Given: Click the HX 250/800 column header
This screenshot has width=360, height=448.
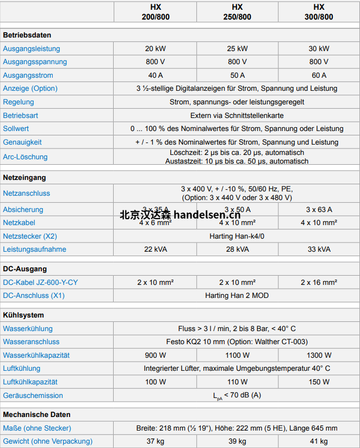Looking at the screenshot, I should pos(237,12).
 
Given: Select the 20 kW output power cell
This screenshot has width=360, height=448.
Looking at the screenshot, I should pos(156,48).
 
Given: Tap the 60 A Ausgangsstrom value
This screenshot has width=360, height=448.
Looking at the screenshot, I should pos(319,75).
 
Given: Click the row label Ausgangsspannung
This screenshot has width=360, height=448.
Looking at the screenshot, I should pos(35,62).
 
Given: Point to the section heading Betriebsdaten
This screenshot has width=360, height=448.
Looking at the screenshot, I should pos(24,35).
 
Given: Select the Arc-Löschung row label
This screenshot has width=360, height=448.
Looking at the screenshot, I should pos(25,157).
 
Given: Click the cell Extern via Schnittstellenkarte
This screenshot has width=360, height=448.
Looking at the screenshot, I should pos(237,115).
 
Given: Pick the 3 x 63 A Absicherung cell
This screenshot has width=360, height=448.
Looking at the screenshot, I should pos(319,209).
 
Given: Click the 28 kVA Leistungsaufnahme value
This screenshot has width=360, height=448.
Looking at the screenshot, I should pos(237,249).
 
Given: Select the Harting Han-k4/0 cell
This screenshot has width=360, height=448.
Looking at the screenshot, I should pos(237,236).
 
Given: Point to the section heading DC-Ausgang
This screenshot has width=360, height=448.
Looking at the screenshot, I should pos(25,269).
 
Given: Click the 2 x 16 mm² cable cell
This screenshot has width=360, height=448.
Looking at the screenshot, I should pos(319,282).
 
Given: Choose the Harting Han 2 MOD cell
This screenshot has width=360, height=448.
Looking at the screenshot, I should pos(237,296).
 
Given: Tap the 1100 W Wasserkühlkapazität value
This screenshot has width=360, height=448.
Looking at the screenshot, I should pos(237,355).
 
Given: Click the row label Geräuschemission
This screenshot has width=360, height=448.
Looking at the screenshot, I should pos(33,395).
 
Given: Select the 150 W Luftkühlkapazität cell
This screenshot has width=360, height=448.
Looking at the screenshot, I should pos(319,382).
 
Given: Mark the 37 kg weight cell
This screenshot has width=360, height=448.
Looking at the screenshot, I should pos(156,441).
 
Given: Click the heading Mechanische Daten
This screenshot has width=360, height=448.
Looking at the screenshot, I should pos(37,415).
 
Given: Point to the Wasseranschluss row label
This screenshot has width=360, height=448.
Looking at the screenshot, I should pos(31,342).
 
